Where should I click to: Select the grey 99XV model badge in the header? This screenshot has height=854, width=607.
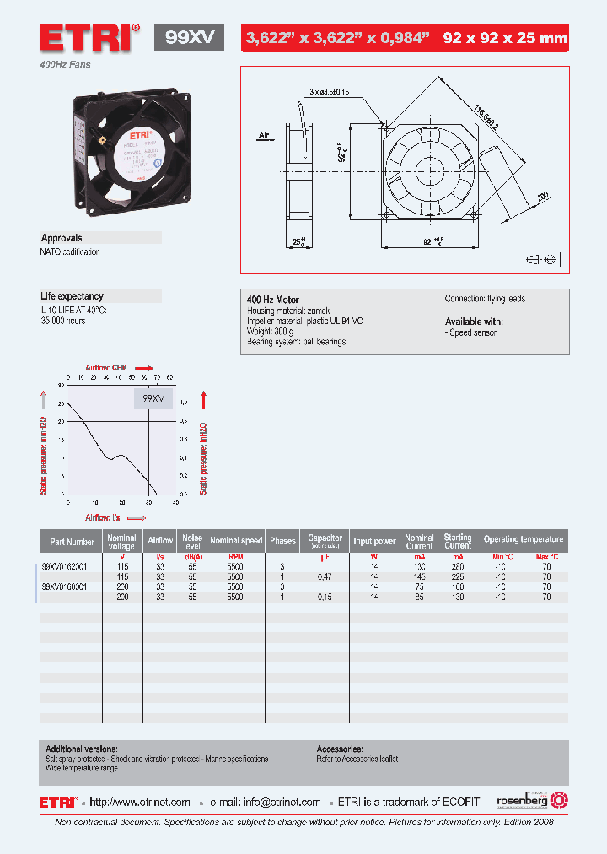point(189,37)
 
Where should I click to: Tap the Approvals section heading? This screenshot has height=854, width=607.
point(62,238)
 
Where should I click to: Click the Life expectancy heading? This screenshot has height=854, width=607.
point(72,296)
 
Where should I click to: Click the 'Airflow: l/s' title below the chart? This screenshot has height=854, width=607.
point(103,516)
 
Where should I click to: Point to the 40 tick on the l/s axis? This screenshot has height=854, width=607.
point(175,503)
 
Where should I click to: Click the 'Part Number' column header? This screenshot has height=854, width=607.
point(72,542)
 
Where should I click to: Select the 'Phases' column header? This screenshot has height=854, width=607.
point(283,541)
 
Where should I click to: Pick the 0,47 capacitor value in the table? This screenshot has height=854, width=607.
point(325,576)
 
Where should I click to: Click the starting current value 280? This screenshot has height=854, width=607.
point(458,567)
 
